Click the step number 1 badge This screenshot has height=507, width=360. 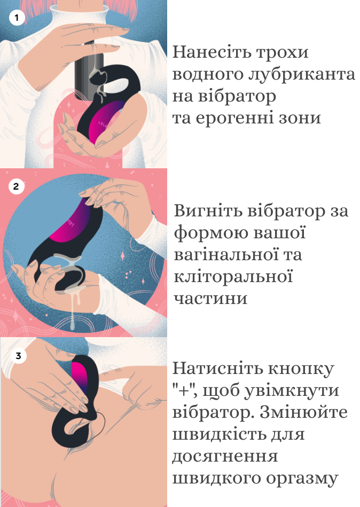coord(17,18)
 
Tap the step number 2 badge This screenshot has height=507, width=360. coord(17,186)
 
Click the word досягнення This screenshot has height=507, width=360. coord(224,456)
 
